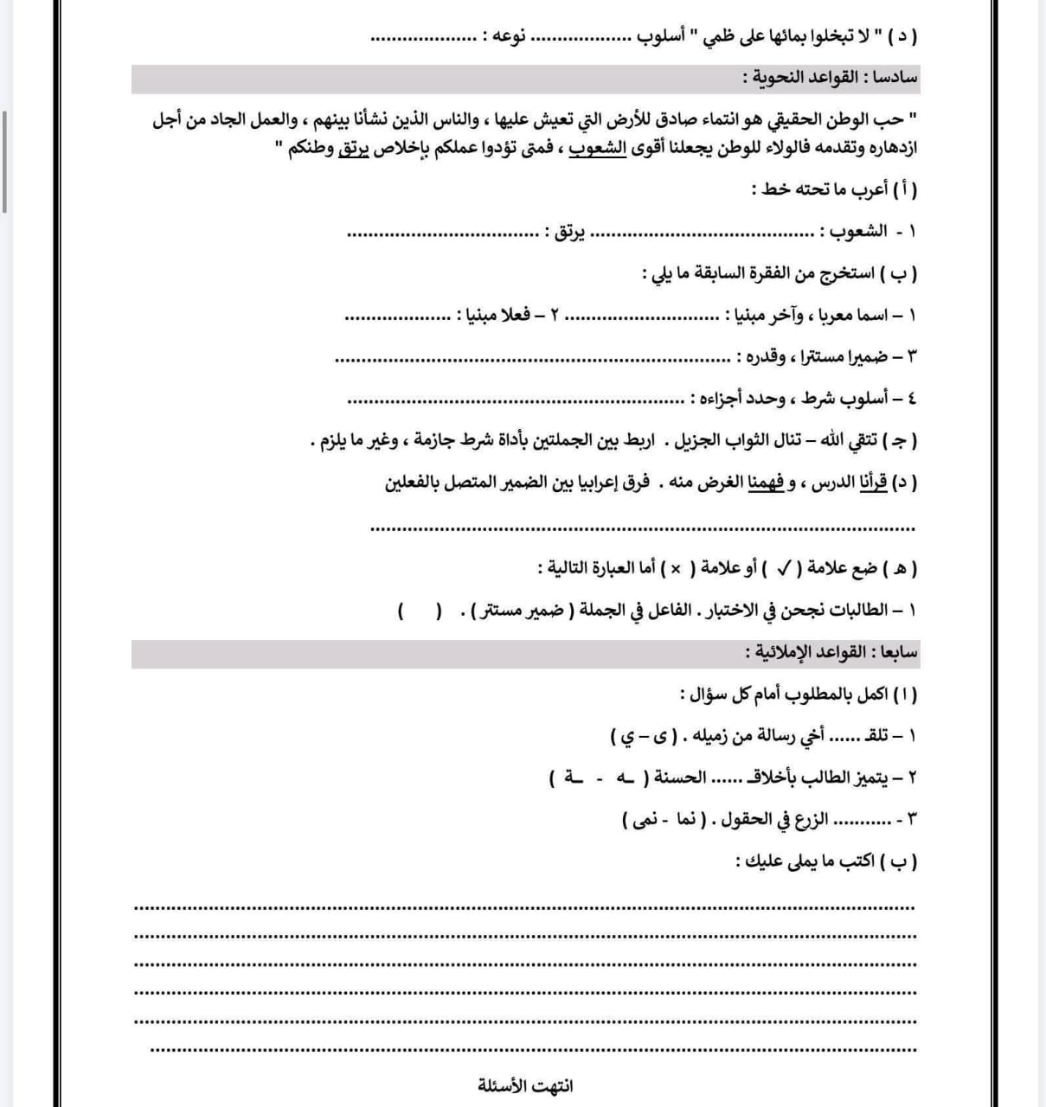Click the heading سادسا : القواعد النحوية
coord(830,78)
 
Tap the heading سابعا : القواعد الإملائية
coord(831,653)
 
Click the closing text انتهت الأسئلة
coord(525,1085)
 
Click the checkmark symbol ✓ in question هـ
coord(784,568)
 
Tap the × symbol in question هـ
coord(677,568)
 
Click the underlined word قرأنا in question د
coord(874,483)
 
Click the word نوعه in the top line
coord(501,37)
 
